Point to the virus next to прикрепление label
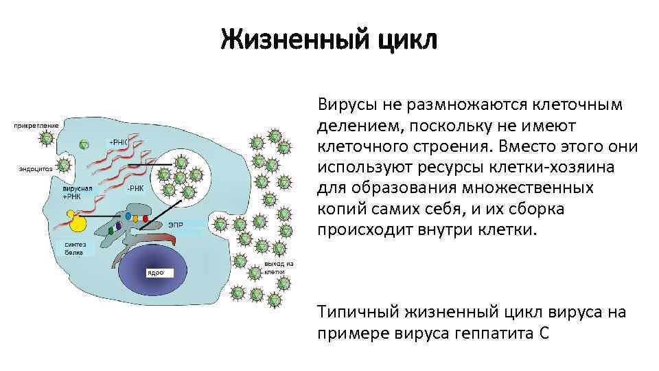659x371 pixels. pyautogui.click(x=46, y=137)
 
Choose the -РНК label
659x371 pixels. pyautogui.click(x=135, y=188)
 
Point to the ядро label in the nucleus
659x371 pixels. pyautogui.click(x=157, y=273)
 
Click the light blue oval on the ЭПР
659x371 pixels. pyautogui.click(x=128, y=215)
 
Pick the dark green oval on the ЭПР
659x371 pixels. pyautogui.click(x=111, y=230)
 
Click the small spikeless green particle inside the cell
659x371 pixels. pyautogui.click(x=83, y=144)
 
